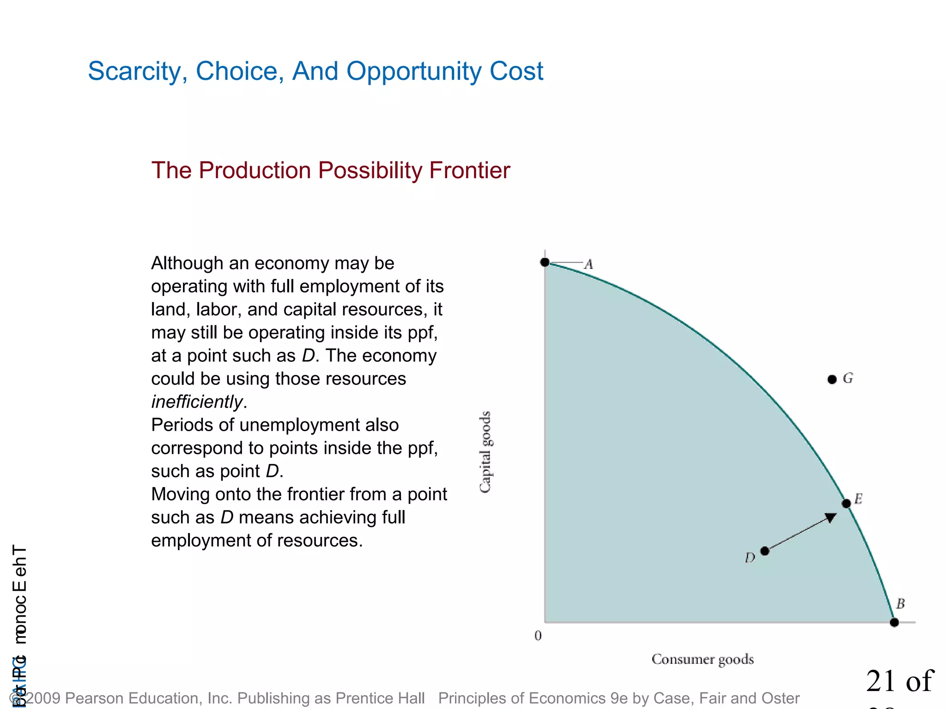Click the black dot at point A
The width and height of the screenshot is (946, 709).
[545, 262]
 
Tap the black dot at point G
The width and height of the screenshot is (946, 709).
[832, 379]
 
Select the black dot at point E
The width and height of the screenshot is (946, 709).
[846, 504]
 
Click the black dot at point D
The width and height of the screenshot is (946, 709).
[764, 551]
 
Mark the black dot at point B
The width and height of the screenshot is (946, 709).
[894, 622]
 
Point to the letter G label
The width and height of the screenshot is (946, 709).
[848, 379]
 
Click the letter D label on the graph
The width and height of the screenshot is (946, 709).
[750, 558]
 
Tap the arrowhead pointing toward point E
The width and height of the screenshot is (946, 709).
[830, 518]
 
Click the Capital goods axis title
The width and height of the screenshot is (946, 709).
[485, 452]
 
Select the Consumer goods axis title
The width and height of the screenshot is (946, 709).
[703, 659]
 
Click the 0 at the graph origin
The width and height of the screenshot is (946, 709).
[538, 636]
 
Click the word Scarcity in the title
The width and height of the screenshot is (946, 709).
[137, 72]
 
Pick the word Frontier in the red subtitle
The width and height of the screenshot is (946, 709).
[469, 170]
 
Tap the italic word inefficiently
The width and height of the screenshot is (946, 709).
[197, 402]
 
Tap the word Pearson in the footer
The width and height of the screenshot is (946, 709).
[95, 698]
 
